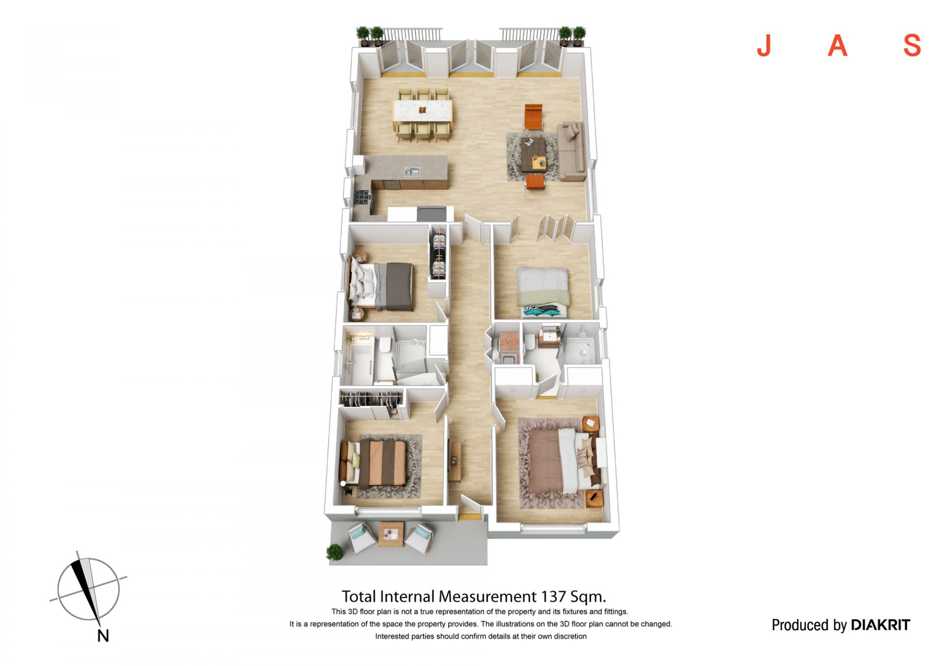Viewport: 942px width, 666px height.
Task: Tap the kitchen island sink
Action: point(412,172)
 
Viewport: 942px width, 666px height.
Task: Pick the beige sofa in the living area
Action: point(571,151)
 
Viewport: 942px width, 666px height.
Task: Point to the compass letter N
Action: point(103,636)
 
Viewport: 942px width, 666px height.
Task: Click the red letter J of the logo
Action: point(764,46)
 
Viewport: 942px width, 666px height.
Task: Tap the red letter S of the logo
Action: point(912,46)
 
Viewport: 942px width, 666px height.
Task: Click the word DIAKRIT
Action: point(880,625)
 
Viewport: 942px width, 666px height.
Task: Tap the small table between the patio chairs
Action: point(391,534)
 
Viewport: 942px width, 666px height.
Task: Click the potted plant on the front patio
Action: point(335,553)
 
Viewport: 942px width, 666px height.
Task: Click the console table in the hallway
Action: point(455,462)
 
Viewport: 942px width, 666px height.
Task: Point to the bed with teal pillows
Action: point(542,293)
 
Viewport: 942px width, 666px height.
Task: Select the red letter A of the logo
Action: point(837,46)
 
